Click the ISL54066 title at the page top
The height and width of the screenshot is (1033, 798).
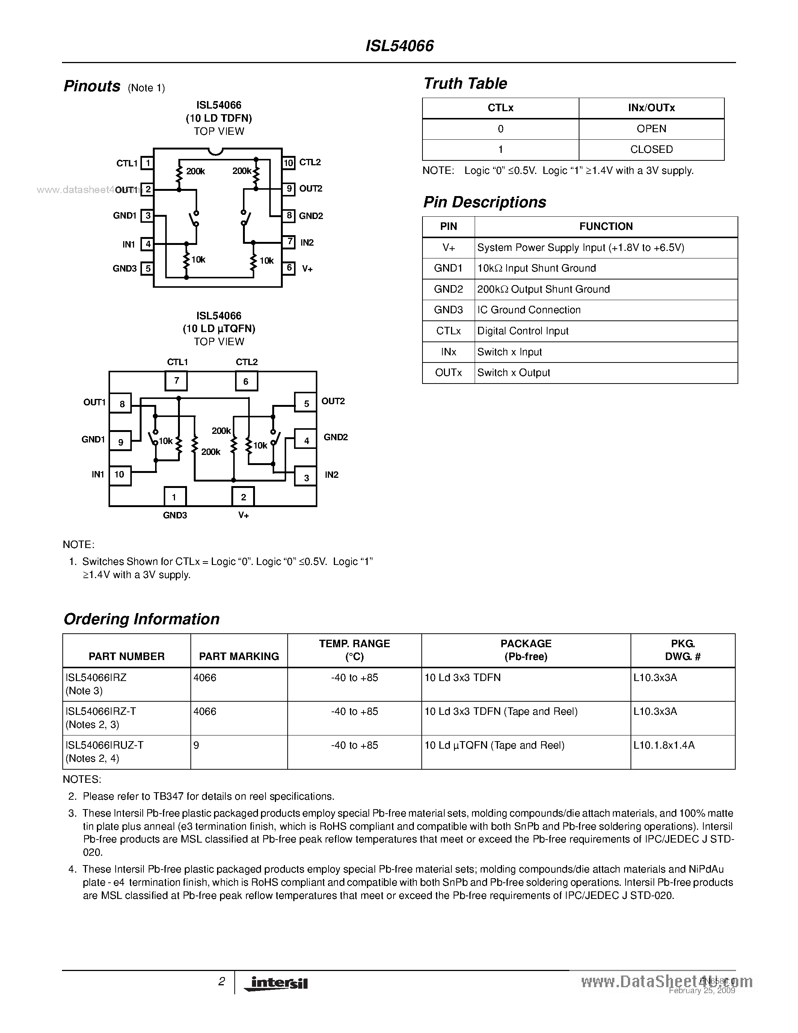pos(400,46)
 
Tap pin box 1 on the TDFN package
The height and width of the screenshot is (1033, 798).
pos(147,163)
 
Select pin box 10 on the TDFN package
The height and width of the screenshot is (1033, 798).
pos(288,163)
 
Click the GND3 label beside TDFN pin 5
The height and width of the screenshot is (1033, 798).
pos(124,269)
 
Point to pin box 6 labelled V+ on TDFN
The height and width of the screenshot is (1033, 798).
pos(289,268)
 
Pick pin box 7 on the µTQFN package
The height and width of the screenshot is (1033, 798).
pos(176,381)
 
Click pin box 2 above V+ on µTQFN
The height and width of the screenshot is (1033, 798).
pos(243,497)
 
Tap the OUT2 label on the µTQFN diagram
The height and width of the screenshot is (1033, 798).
pos(333,401)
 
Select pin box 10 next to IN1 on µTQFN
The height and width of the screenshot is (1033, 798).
pos(119,474)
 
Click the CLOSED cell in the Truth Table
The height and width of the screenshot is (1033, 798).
pos(651,150)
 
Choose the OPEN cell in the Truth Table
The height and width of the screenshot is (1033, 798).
pos(651,128)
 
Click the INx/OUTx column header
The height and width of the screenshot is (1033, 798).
pos(651,108)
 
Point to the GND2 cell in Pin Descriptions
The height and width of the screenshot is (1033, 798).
pos(448,289)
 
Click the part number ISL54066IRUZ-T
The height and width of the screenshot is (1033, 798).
pos(104,745)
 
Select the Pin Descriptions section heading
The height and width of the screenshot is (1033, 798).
pos(484,202)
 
